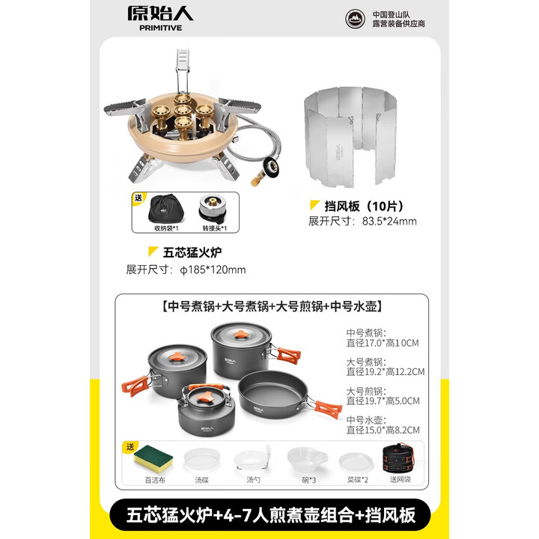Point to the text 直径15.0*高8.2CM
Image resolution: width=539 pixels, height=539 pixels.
click(383, 430)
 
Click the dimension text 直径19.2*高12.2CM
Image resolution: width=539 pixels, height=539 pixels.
click(386, 371)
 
